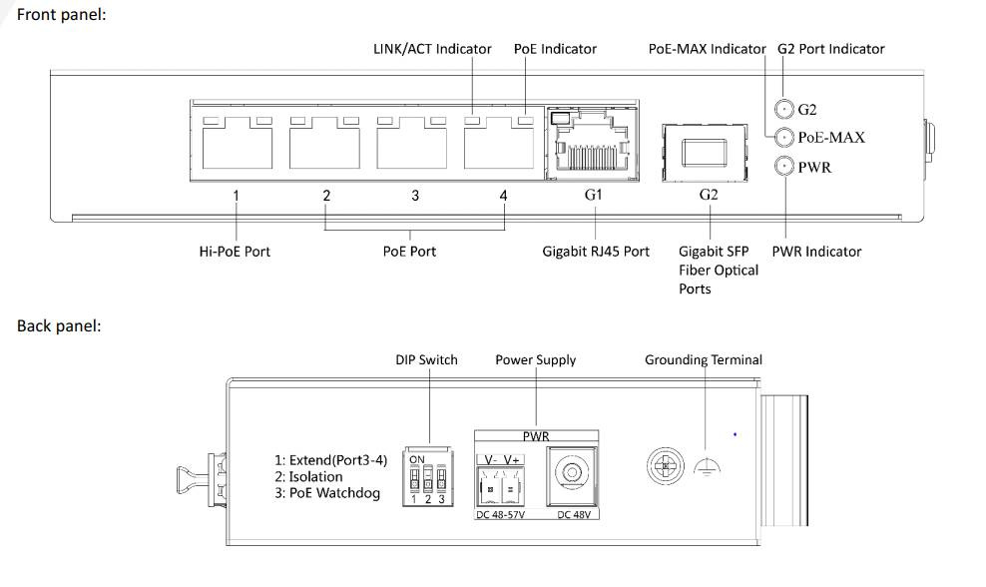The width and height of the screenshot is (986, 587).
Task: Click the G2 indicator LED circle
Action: [x=784, y=109]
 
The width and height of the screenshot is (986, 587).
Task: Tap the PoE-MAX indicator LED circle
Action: [x=784, y=137]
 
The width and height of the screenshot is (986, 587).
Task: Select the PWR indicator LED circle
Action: [x=784, y=167]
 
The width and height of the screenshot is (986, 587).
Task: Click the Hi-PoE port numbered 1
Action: [x=236, y=146]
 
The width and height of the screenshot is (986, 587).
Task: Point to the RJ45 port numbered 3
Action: [x=412, y=146]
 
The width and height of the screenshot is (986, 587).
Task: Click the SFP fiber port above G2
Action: [x=705, y=151]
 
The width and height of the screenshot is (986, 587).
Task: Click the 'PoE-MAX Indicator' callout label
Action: [x=707, y=48]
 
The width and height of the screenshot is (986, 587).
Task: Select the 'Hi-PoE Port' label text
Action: [x=235, y=252]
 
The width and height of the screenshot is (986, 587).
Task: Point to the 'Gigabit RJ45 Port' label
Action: [x=596, y=252]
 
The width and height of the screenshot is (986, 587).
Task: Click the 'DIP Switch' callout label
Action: [x=426, y=359]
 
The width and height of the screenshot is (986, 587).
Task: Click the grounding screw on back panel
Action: [x=663, y=464]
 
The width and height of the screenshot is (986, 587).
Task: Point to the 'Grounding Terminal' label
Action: [x=703, y=359]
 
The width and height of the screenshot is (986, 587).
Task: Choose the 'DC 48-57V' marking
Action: [x=499, y=515]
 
